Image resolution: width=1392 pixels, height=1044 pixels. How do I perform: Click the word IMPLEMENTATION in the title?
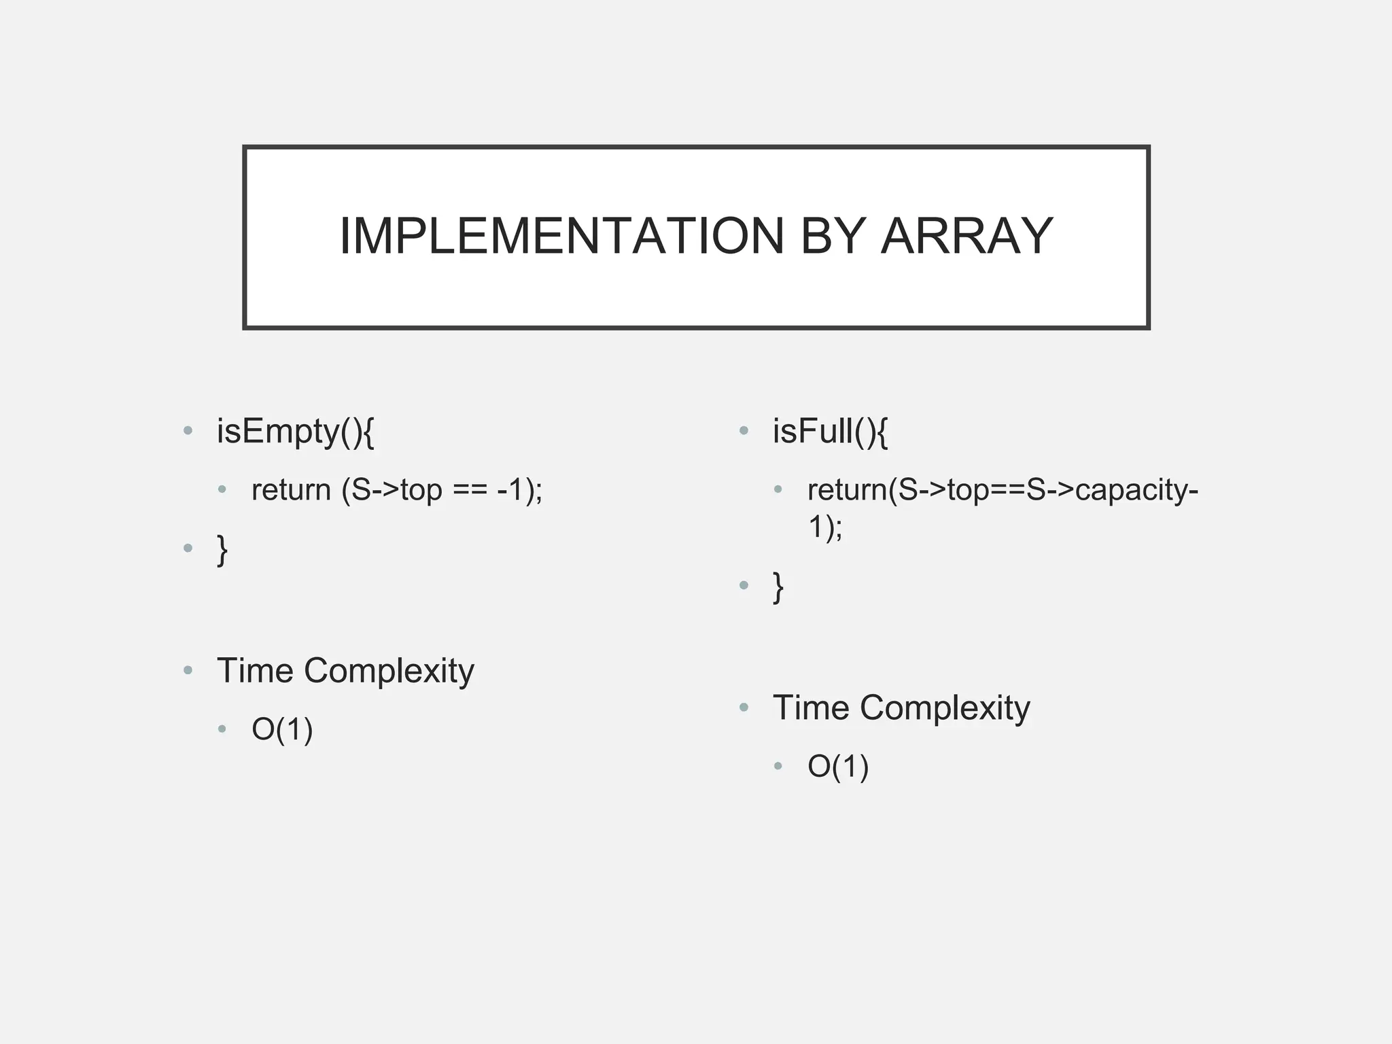(x=561, y=237)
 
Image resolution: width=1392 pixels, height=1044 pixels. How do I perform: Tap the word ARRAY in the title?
(x=967, y=237)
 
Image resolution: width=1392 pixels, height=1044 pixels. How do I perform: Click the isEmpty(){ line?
(x=295, y=432)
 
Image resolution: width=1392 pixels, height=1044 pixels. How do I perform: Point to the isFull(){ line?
(x=829, y=432)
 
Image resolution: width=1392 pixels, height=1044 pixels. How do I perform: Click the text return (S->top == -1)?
(x=397, y=490)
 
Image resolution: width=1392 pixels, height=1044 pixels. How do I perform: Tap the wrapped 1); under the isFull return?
(x=824, y=527)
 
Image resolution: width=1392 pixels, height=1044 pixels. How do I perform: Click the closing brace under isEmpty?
(x=222, y=549)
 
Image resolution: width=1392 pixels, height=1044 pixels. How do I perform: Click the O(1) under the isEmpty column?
(x=282, y=730)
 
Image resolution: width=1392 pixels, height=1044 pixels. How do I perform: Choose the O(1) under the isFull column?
(x=838, y=767)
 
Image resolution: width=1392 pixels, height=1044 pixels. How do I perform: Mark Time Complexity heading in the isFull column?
(x=901, y=708)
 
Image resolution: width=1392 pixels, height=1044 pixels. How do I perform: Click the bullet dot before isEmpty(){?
(x=188, y=430)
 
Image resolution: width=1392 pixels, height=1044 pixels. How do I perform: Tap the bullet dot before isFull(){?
(x=744, y=430)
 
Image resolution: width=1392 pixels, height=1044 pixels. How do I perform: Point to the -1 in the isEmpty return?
(x=511, y=490)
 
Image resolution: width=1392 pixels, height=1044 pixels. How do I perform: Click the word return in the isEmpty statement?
(x=291, y=490)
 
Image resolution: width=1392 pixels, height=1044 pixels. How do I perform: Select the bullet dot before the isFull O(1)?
(x=778, y=767)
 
